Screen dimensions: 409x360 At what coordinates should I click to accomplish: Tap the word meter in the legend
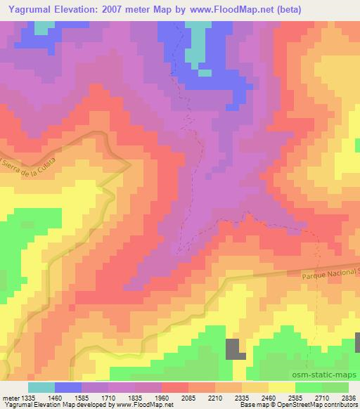point(12,398)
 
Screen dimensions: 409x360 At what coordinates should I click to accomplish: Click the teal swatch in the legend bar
point(41,387)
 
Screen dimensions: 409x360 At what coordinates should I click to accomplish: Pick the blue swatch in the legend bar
point(68,387)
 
